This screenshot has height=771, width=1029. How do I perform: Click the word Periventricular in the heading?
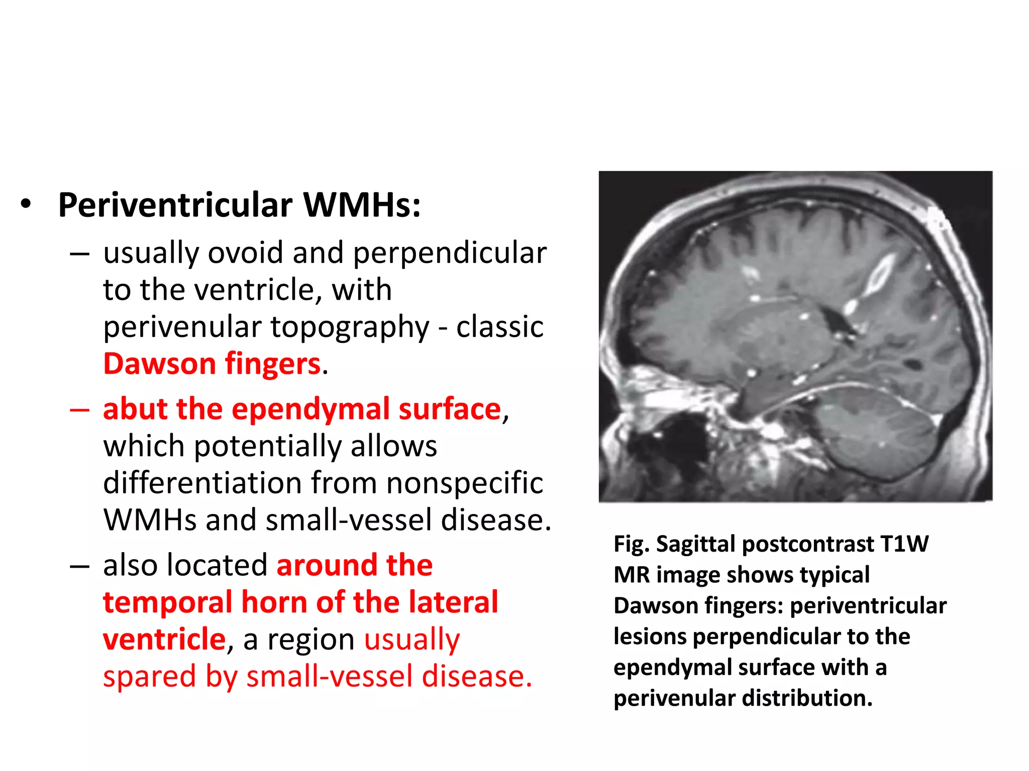175,206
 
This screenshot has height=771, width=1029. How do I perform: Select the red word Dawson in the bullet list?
159,363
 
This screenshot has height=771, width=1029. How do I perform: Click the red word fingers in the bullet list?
272,364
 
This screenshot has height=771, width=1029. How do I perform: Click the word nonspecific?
465,483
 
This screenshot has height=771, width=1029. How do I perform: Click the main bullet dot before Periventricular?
26,205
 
